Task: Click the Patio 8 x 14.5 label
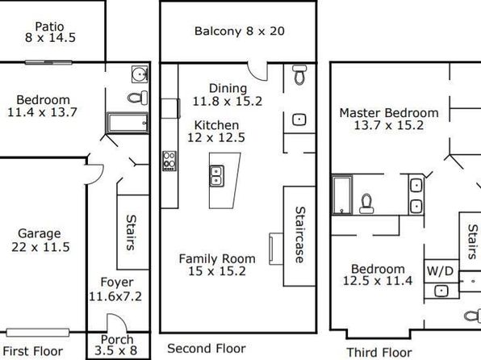click(x=50, y=32)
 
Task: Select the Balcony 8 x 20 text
click(x=240, y=31)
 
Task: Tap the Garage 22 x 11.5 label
click(x=40, y=241)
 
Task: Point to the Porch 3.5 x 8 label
click(x=116, y=345)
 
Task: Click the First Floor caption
click(x=33, y=351)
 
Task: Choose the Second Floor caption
click(x=207, y=349)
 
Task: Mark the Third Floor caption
click(x=379, y=352)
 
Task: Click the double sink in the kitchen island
click(x=216, y=176)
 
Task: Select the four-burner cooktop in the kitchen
click(x=169, y=161)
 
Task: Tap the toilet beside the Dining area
click(x=299, y=74)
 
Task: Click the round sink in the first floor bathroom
click(x=140, y=74)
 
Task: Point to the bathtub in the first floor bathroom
click(x=128, y=123)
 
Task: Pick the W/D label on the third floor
click(x=440, y=271)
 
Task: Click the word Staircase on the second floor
click(x=299, y=235)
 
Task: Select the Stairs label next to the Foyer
click(x=131, y=232)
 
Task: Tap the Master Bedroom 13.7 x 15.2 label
click(x=389, y=119)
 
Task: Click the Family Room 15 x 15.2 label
click(x=217, y=265)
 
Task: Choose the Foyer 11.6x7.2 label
click(x=115, y=290)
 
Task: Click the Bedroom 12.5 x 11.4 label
click(x=378, y=274)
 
